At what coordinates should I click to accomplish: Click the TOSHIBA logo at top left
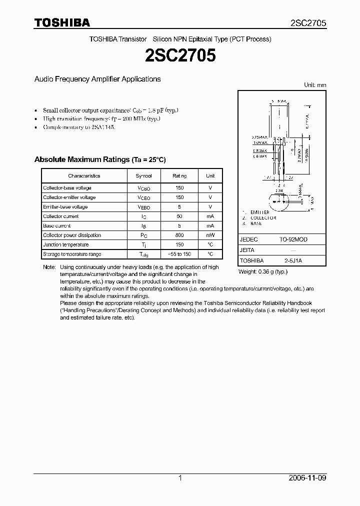click(62, 22)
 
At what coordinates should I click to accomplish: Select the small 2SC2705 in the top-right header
click(308, 23)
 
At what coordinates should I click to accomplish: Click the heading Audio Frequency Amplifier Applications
click(97, 79)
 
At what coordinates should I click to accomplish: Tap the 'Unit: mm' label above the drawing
click(315, 85)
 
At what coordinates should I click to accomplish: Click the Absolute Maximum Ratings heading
click(99, 159)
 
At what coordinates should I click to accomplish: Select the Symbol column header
click(147, 176)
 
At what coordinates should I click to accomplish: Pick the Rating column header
click(179, 176)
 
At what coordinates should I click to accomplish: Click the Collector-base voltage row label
click(67, 188)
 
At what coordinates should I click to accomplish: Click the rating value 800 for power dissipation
click(179, 235)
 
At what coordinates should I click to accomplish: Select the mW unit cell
click(210, 235)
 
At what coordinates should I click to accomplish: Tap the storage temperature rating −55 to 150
click(179, 254)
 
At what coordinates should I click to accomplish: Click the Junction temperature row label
click(65, 244)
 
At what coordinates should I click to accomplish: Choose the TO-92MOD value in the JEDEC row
click(293, 239)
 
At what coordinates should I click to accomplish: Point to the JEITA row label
click(247, 250)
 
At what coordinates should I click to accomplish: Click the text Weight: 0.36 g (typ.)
click(262, 271)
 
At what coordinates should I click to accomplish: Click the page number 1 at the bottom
click(180, 478)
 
